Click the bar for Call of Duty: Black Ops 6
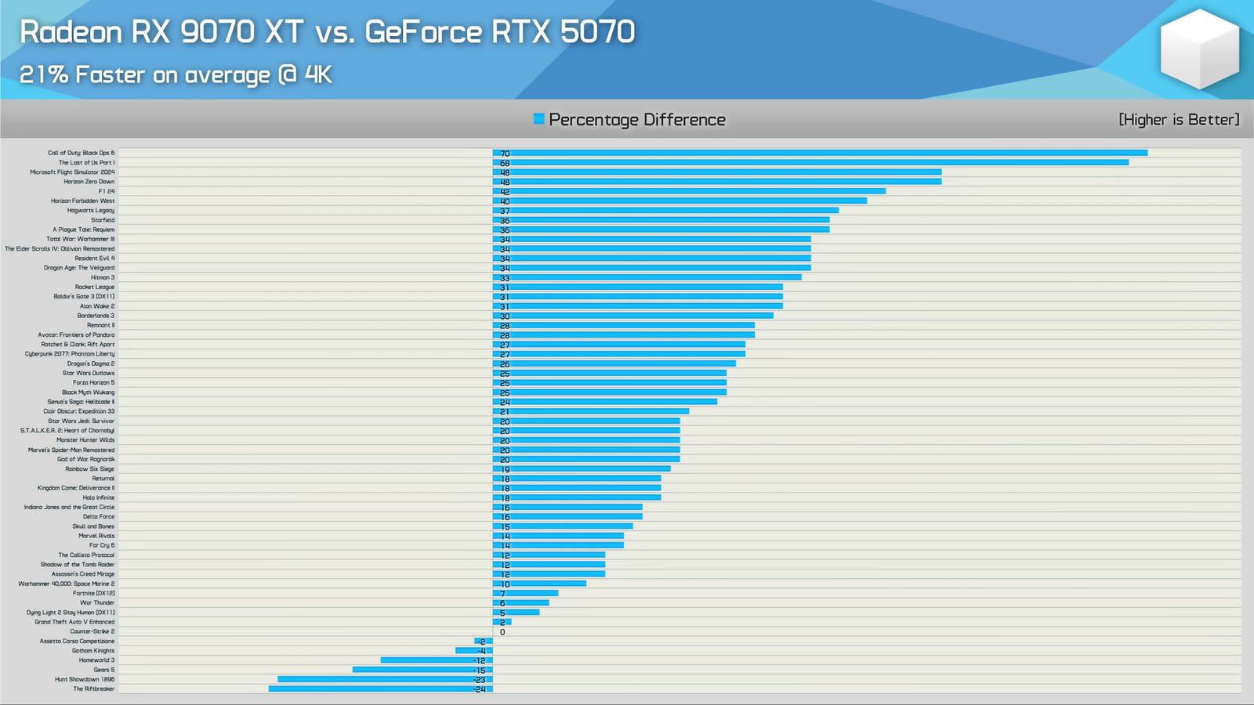(x=820, y=153)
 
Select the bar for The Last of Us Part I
(x=810, y=163)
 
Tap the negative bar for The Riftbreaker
(x=380, y=689)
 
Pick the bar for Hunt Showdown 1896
(x=385, y=679)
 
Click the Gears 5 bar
(x=422, y=670)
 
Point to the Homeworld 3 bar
(x=437, y=660)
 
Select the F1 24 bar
(x=690, y=191)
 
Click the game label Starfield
(x=103, y=220)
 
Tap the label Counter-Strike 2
(x=92, y=631)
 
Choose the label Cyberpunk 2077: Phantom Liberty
(x=70, y=354)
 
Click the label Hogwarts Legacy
(x=91, y=211)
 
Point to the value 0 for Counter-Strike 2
(x=502, y=632)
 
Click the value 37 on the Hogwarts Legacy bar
(x=505, y=211)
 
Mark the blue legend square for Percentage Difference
(x=538, y=119)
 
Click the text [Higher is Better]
(x=1179, y=119)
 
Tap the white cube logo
(x=1199, y=49)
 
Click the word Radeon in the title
(x=71, y=32)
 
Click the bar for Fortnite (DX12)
(x=525, y=593)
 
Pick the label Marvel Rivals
(x=96, y=536)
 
